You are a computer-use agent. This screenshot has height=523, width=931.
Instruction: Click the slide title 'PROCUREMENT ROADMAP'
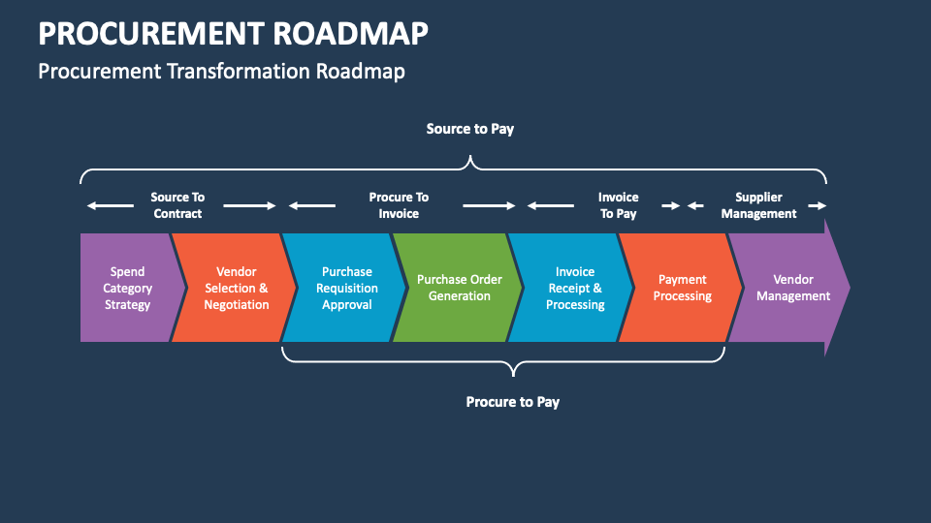point(233,33)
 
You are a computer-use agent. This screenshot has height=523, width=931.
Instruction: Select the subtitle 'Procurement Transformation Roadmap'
point(221,71)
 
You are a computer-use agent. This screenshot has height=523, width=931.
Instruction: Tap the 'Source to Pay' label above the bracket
point(469,129)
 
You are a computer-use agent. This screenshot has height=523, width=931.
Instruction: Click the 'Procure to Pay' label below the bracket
point(512,402)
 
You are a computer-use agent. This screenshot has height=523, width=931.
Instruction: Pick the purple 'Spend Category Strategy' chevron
point(127,288)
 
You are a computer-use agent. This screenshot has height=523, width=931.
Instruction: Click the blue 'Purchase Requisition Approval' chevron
point(346,288)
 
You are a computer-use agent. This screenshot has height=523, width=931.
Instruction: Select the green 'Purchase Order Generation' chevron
point(459,288)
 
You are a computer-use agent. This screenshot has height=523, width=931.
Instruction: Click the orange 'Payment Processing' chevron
point(682,288)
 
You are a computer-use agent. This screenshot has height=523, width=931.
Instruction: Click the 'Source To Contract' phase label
point(177,205)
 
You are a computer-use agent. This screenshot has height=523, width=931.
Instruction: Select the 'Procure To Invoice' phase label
point(399,205)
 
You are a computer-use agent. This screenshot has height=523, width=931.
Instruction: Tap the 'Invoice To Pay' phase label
point(618,205)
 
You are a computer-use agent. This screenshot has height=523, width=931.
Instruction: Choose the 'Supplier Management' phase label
point(758,205)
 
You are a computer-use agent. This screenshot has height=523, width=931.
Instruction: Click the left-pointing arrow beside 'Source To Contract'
point(110,205)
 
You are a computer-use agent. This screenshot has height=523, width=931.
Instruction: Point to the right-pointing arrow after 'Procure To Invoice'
point(490,205)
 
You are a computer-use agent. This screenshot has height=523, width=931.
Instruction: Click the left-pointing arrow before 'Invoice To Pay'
point(551,205)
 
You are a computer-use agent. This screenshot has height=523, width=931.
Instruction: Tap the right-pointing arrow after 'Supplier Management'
point(818,205)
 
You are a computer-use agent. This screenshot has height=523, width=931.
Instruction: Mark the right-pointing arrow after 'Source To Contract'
point(250,205)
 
